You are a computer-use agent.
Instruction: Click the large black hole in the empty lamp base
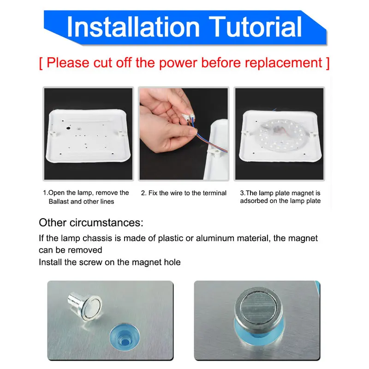pyautogui.click(x=68, y=128)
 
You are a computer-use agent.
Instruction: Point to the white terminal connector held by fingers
pyautogui.click(x=189, y=117)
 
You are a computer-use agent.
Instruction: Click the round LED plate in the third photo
pyautogui.click(x=280, y=136)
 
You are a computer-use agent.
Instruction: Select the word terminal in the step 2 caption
pyautogui.click(x=214, y=193)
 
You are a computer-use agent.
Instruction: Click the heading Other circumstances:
pyautogui.click(x=91, y=223)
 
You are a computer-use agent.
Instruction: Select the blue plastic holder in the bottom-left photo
pyautogui.click(x=125, y=337)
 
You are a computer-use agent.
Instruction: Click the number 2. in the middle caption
pyautogui.click(x=143, y=193)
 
